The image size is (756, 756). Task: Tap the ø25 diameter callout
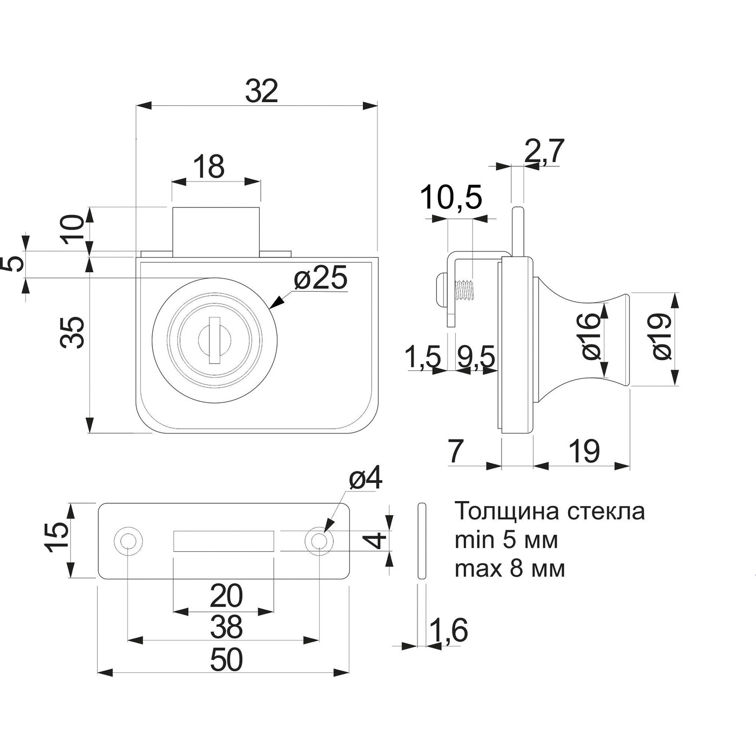click(x=320, y=279)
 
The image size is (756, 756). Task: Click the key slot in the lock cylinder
click(x=214, y=340)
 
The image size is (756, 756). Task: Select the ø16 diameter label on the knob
click(x=591, y=337)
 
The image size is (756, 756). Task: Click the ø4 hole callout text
click(x=366, y=479)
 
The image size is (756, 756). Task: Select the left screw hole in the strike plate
click(x=128, y=541)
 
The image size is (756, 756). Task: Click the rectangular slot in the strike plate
click(x=223, y=541)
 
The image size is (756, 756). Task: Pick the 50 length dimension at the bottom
click(x=227, y=660)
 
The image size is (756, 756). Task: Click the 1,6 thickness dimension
click(x=448, y=630)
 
